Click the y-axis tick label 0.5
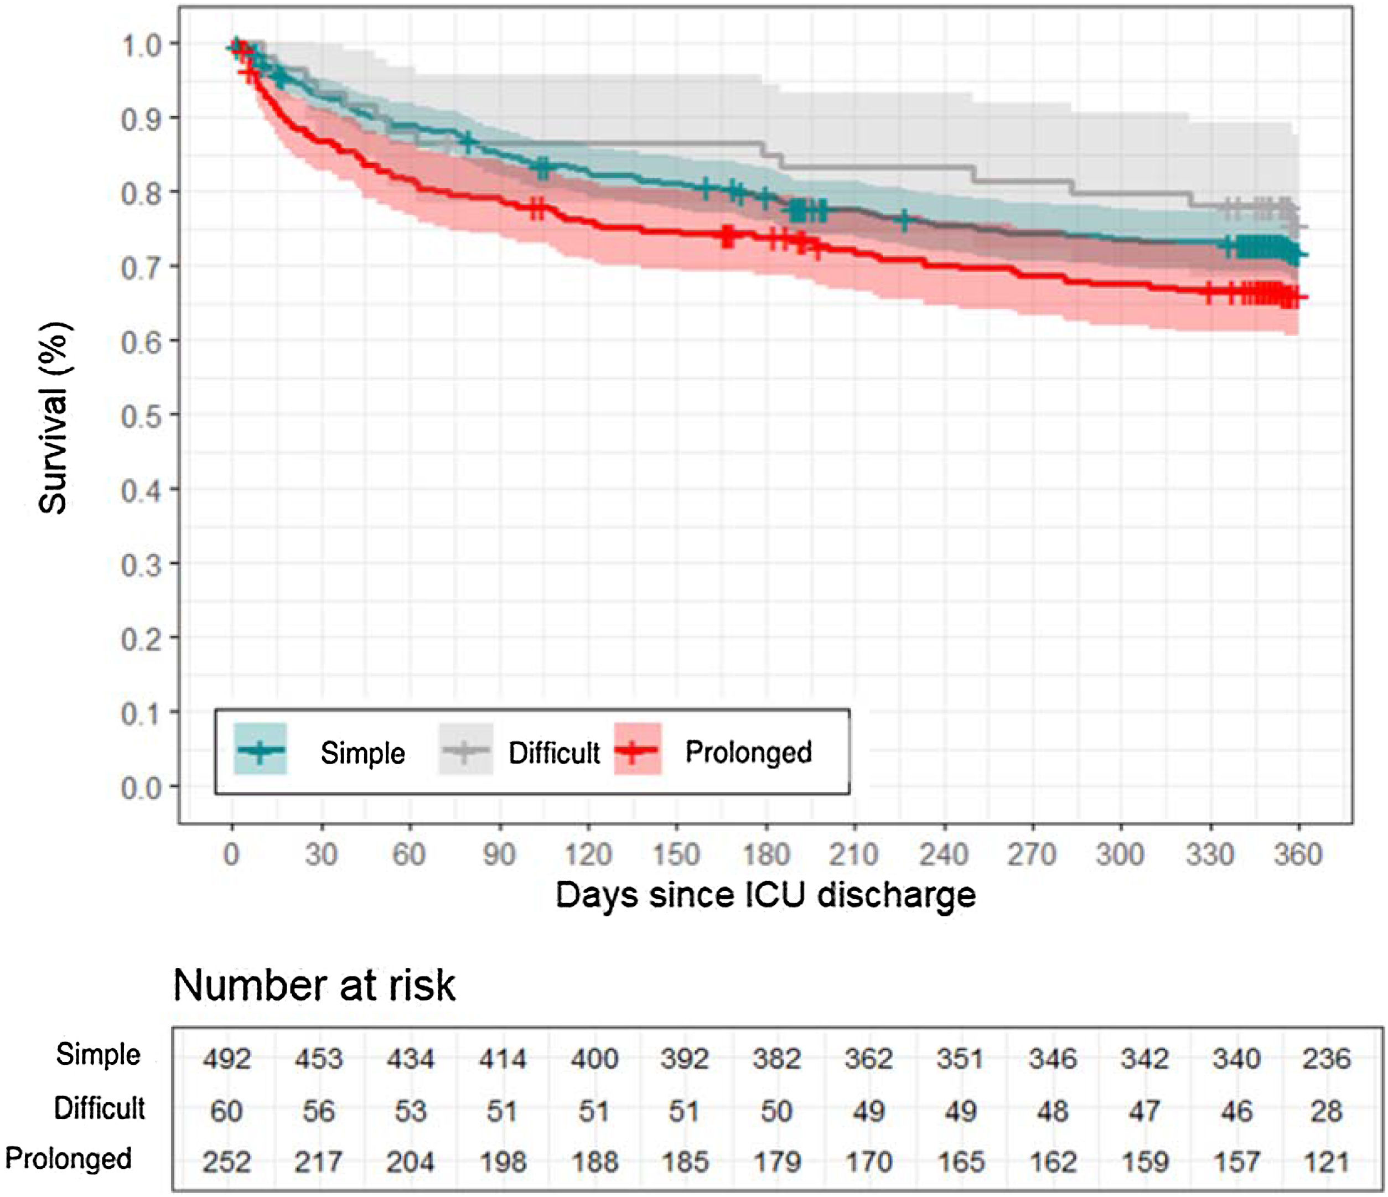pyautogui.click(x=141, y=417)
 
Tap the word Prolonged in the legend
pyautogui.click(x=748, y=753)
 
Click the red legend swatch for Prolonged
pyautogui.click(x=638, y=749)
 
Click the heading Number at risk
pyautogui.click(x=314, y=986)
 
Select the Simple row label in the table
pyautogui.click(x=99, y=1055)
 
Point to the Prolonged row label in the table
pyautogui.click(x=68, y=1158)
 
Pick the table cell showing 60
pyautogui.click(x=226, y=1111)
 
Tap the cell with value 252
pyautogui.click(x=226, y=1162)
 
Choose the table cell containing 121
pyautogui.click(x=1327, y=1162)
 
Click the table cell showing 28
pyautogui.click(x=1327, y=1111)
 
